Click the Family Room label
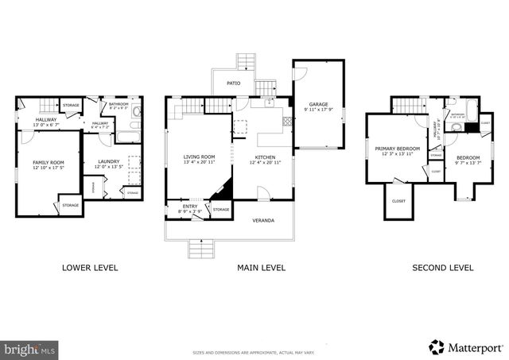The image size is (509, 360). (x=49, y=162)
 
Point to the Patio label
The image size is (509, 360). (x=234, y=83)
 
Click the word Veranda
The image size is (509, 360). (x=263, y=219)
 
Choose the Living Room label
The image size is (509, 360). (x=199, y=157)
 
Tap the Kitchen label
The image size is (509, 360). (x=265, y=157)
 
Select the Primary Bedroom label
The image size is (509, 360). (x=397, y=149)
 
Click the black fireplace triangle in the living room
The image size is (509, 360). (x=224, y=190)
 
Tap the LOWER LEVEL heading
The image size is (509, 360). (x=90, y=268)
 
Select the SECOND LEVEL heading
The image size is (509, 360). (x=442, y=268)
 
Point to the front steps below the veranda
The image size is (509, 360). (x=200, y=249)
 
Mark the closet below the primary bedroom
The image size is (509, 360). (x=398, y=200)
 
